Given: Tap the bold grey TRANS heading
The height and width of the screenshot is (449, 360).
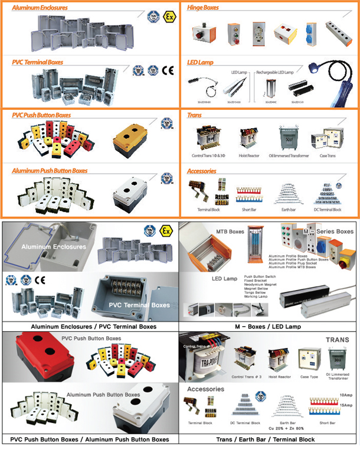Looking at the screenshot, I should pos(338,341).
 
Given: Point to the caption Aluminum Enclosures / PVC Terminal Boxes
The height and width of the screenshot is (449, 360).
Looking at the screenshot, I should pos(89,326).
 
